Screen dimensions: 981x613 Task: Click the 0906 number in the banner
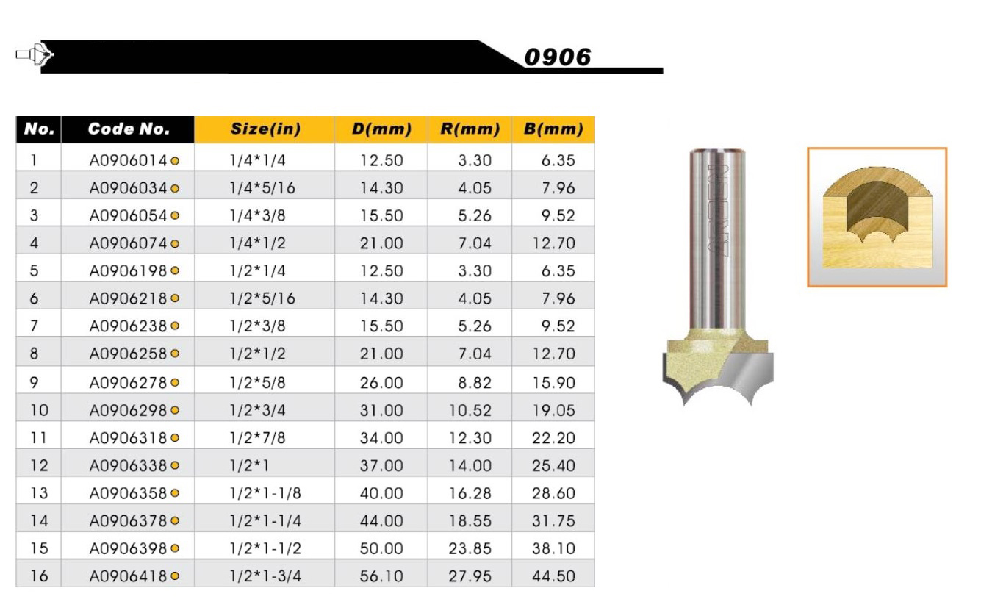pos(557,57)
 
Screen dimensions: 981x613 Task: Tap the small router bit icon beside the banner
pos(35,54)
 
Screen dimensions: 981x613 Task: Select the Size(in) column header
pos(265,129)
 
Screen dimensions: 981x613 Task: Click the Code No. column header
pos(129,129)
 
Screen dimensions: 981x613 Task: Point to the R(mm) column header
pos(470,129)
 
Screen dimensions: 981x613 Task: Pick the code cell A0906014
pos(128,161)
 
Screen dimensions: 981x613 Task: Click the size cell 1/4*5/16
pos(262,188)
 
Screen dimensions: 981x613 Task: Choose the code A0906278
pos(128,382)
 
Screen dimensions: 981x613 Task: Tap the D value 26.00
pos(381,382)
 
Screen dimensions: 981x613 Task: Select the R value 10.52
pos(470,411)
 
